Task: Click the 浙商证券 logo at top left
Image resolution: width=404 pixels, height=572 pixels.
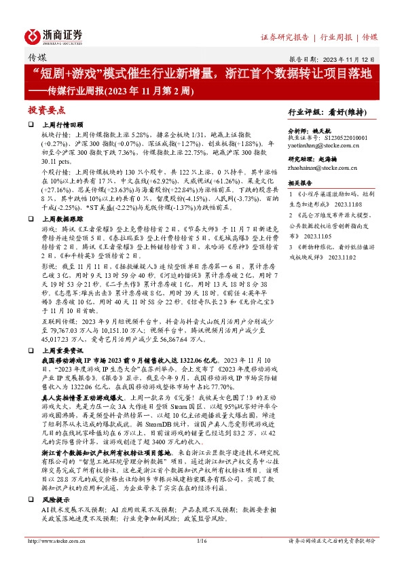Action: coord(54,35)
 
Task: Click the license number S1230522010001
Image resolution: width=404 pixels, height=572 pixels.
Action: coord(342,137)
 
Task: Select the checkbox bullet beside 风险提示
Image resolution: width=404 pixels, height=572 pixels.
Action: coord(31,499)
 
